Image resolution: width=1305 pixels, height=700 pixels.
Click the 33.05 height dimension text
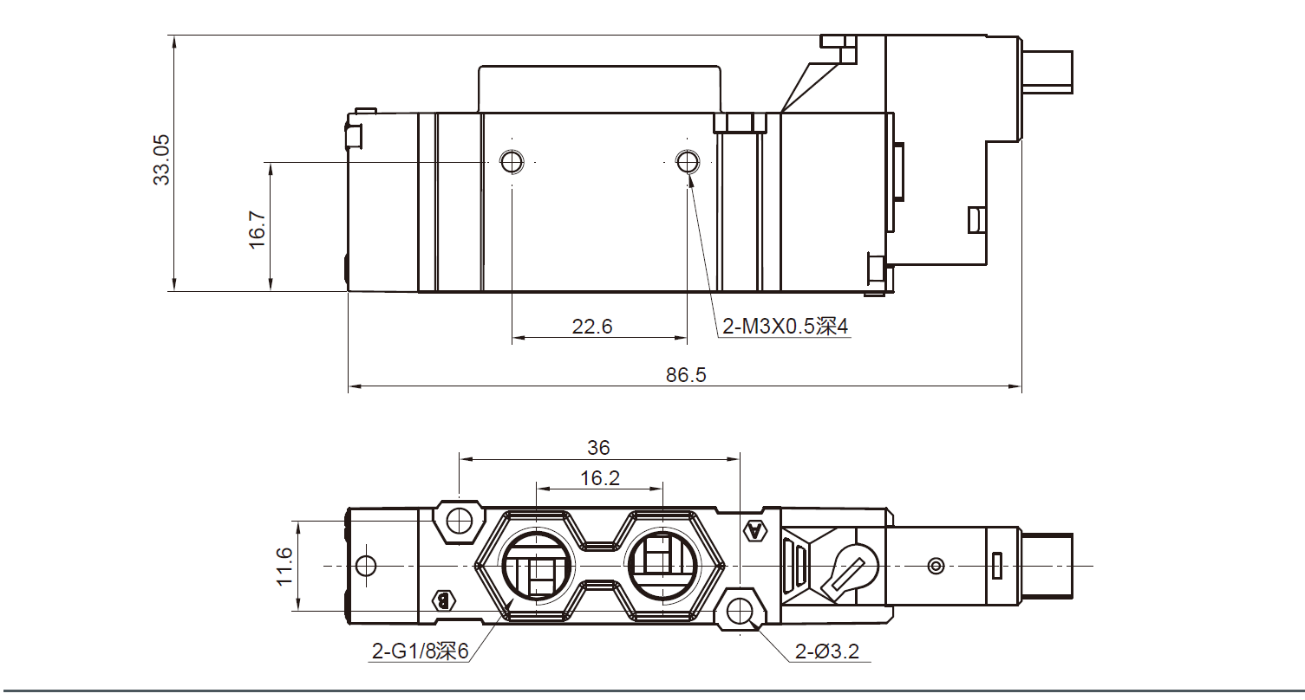(162, 159)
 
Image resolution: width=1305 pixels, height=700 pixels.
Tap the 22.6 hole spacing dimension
(592, 327)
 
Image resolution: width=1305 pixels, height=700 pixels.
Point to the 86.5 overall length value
(685, 375)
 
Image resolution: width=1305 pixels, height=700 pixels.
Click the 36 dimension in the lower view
(598, 448)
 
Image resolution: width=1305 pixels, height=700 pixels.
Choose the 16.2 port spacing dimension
(600, 477)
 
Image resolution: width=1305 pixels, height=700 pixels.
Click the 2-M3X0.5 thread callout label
(784, 327)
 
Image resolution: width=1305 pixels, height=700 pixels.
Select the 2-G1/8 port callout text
(420, 651)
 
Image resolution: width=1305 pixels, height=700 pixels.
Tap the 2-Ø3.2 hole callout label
(827, 651)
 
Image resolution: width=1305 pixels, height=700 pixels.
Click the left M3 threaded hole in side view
(512, 160)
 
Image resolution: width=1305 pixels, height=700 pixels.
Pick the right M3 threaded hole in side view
(688, 160)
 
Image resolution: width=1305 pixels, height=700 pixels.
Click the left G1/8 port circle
(537, 567)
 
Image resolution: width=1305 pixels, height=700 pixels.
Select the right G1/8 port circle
(661, 567)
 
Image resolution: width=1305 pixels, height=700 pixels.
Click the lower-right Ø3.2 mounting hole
(740, 612)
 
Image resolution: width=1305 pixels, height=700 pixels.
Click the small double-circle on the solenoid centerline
(935, 567)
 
